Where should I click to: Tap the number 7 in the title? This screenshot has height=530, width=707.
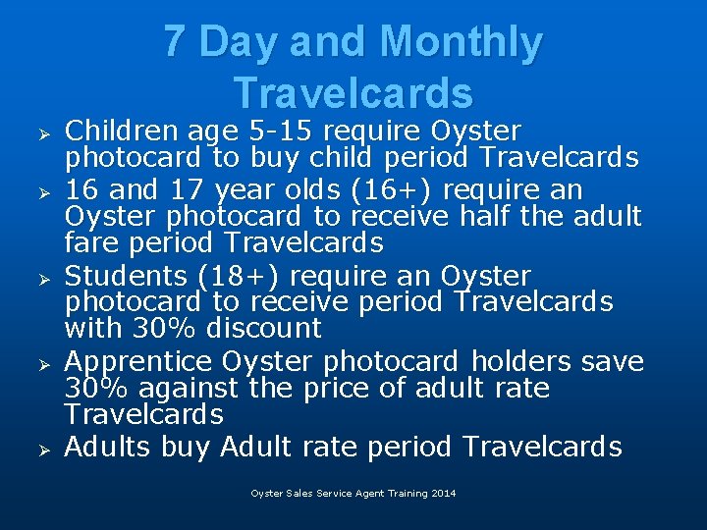click(x=174, y=42)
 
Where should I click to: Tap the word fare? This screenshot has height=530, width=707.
click(x=89, y=241)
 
